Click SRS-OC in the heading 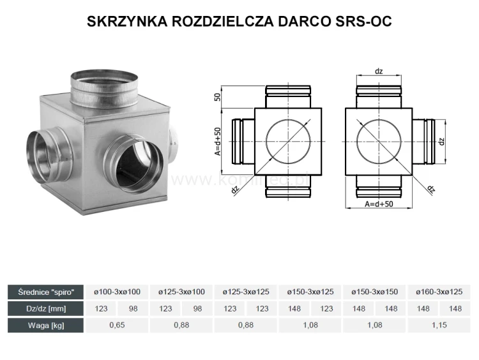click(365, 22)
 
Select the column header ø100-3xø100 click(117, 292)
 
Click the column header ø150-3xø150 click(374, 292)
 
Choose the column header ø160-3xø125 click(439, 292)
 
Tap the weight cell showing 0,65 click(117, 325)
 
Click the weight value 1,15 click(439, 325)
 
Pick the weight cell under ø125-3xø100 click(181, 325)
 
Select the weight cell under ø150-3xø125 click(310, 325)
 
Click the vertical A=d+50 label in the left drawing click(218, 141)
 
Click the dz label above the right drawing click(379, 71)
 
